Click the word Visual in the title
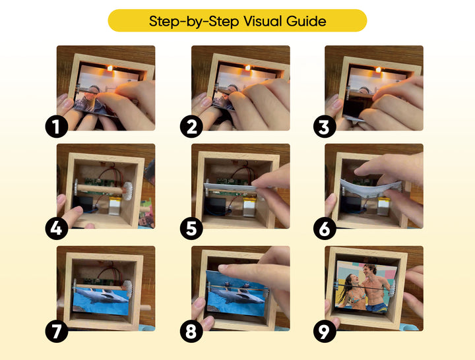click(x=267, y=21)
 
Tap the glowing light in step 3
click(x=378, y=69)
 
